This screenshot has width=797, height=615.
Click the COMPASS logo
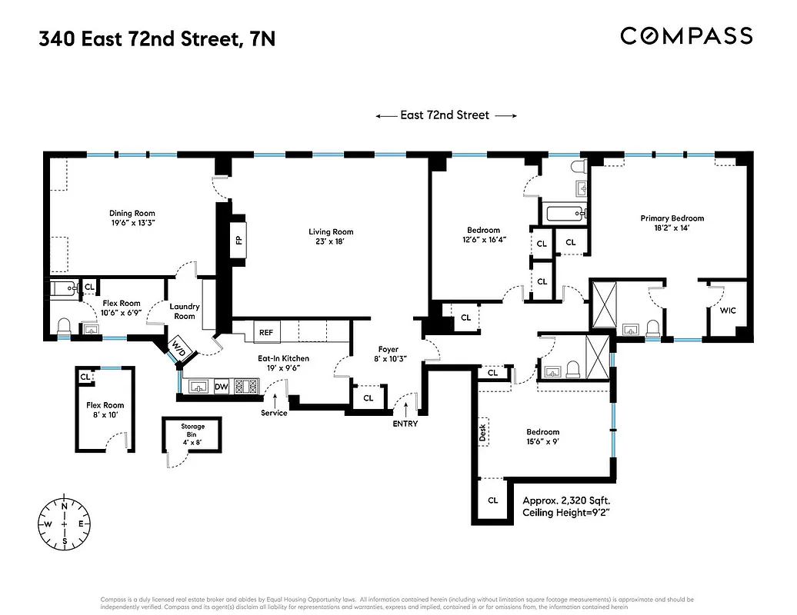pyautogui.click(x=686, y=35)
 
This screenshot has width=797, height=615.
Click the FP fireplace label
pyautogui.click(x=238, y=240)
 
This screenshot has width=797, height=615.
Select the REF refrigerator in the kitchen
pyautogui.click(x=266, y=333)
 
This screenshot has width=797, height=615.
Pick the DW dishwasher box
pyautogui.click(x=221, y=387)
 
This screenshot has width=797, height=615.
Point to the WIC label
pyautogui.click(x=728, y=311)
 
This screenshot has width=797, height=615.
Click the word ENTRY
pyautogui.click(x=405, y=424)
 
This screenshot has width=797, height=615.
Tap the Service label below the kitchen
pyautogui.click(x=274, y=413)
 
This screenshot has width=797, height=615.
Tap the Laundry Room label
pyautogui.click(x=185, y=311)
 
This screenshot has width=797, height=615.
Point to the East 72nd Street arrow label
pyautogui.click(x=445, y=115)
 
